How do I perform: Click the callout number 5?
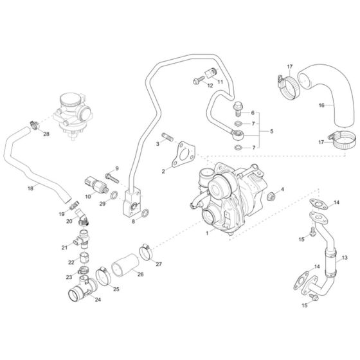tap(271, 131)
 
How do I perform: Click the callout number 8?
tap(133, 221)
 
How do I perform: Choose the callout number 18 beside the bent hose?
tap(30, 188)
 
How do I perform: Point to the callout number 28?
tap(46, 134)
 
